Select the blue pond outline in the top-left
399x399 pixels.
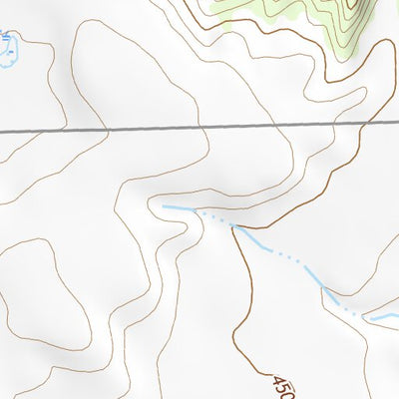8,50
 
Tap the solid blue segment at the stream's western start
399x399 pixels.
177,207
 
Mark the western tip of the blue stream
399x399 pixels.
162,205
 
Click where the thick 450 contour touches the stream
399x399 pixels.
235,226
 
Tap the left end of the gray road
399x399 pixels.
2,131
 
